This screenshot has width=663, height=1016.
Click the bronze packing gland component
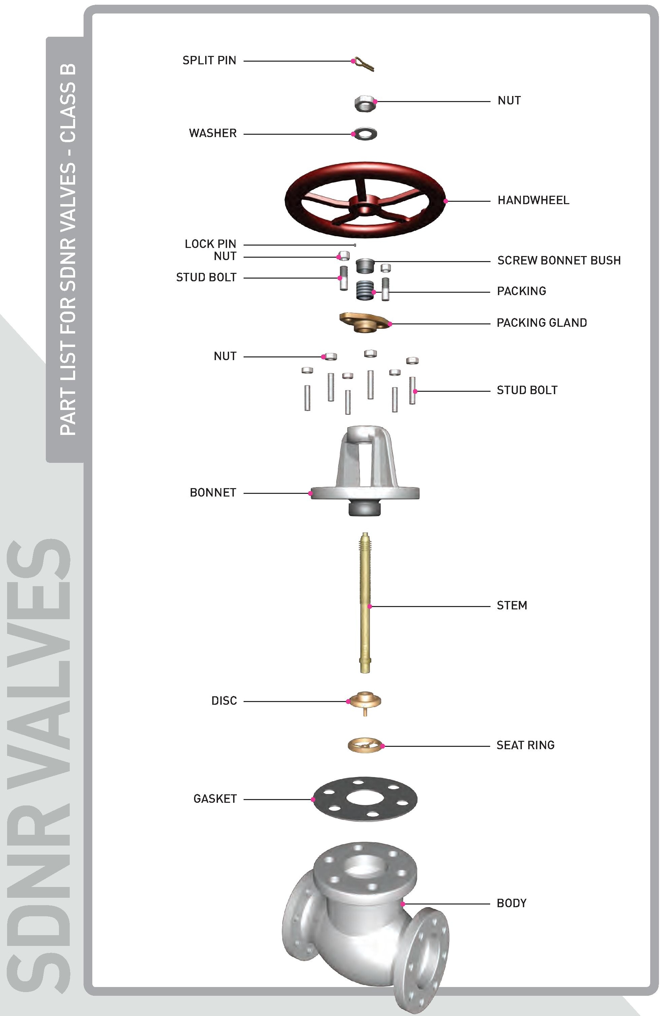coord(365,323)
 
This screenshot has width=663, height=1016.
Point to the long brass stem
coord(365,602)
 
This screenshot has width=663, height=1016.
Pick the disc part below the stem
coord(365,702)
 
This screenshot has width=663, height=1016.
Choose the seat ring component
coord(365,745)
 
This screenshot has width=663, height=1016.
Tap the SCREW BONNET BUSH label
coord(559,260)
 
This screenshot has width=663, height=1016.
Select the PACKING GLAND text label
coord(542,323)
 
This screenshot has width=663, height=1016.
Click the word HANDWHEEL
coord(533,200)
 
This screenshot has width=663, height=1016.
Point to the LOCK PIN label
coord(211,244)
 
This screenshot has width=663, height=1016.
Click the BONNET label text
coord(213,493)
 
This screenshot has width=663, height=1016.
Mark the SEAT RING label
coord(526,745)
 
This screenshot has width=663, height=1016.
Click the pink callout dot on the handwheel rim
coord(445,201)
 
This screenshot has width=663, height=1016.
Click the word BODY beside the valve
coord(511,903)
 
